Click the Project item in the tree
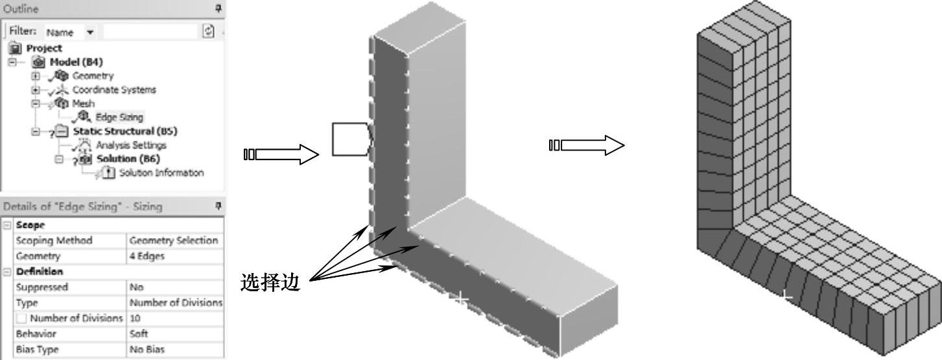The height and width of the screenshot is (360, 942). (x=43, y=48)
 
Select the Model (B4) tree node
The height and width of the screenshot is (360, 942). (x=76, y=62)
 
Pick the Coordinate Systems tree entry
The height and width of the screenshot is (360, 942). (x=113, y=90)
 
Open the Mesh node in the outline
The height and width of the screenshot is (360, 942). (x=83, y=104)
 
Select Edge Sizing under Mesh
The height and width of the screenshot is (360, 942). (x=119, y=117)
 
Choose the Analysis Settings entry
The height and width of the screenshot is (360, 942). (x=131, y=145)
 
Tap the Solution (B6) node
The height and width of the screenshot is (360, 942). (x=128, y=159)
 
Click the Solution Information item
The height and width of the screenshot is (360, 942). (x=161, y=173)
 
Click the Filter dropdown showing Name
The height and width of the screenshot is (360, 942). (x=70, y=32)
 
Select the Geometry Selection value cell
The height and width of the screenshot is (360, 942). (x=174, y=241)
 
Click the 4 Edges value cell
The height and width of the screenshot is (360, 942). (x=147, y=256)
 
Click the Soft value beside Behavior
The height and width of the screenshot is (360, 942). (x=139, y=334)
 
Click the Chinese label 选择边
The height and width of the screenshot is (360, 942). (x=270, y=283)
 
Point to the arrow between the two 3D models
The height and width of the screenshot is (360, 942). (x=587, y=145)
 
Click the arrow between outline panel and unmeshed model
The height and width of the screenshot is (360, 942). (x=281, y=154)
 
